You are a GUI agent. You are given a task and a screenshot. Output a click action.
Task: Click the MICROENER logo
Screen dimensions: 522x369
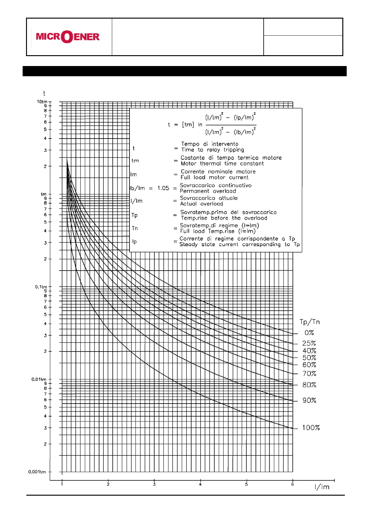(x=68, y=37)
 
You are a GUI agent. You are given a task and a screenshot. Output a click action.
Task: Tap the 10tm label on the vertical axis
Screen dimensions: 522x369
(x=42, y=102)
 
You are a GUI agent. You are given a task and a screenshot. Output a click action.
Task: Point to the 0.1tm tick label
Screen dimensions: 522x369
(x=41, y=287)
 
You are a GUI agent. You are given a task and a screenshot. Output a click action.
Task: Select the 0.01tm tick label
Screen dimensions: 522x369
(x=39, y=379)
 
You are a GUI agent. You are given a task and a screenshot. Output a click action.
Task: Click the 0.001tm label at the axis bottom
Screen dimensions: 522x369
(x=37, y=472)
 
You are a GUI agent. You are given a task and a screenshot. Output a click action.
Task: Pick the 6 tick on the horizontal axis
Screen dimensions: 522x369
(x=292, y=484)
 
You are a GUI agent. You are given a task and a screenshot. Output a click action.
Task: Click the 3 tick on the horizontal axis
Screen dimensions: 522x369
(x=154, y=484)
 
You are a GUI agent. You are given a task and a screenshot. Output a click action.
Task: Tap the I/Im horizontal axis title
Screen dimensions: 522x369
(x=322, y=487)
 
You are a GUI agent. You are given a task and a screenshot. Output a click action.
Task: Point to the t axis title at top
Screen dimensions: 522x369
(x=44, y=93)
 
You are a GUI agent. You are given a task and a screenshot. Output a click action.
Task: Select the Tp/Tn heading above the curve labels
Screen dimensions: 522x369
(x=310, y=322)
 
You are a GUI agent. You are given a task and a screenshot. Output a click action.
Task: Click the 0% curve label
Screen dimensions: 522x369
(x=309, y=333)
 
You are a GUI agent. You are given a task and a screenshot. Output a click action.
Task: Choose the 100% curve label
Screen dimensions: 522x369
(x=311, y=428)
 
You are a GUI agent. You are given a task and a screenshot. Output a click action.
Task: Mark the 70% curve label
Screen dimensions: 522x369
(x=309, y=374)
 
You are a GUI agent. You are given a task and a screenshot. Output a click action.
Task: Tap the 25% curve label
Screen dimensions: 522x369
(x=309, y=343)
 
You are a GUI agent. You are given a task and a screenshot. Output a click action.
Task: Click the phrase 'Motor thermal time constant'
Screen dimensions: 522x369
(x=222, y=164)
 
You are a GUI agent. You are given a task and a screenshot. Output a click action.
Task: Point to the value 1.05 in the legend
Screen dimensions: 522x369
(x=163, y=188)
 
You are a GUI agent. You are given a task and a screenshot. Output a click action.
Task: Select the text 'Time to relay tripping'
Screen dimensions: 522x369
(x=213, y=150)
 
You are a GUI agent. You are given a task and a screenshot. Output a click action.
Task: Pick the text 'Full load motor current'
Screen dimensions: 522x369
(x=214, y=178)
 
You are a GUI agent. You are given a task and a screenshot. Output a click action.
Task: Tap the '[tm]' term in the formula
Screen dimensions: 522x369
(x=188, y=125)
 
